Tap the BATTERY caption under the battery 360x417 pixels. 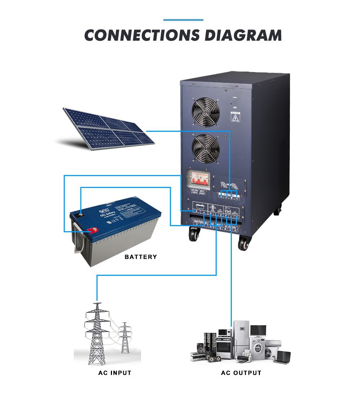pyautogui.click(x=141, y=257)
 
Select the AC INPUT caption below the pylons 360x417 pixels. pyautogui.click(x=114, y=373)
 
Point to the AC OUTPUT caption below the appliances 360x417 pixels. pyautogui.click(x=241, y=373)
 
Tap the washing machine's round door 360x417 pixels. pyautogui.click(x=258, y=349)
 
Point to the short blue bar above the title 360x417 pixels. pyautogui.click(x=183, y=20)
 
